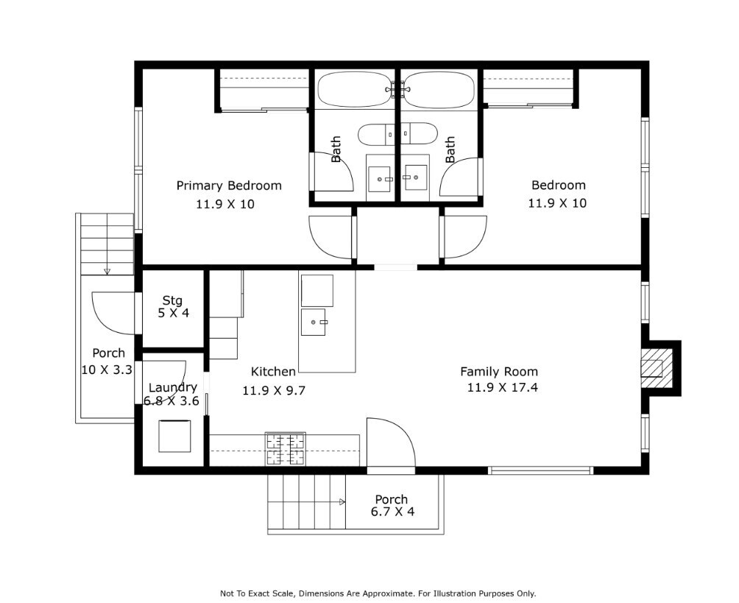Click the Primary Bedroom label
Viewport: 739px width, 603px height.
[229, 186]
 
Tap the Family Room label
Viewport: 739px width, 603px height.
[499, 372]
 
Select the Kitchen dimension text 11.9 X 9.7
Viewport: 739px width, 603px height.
[274, 390]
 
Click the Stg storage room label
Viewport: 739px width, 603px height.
[172, 300]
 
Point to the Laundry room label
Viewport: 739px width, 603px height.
[172, 387]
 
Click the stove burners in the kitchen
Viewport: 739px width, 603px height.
[285, 449]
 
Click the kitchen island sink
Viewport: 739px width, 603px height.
[314, 322]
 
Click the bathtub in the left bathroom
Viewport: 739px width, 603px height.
[356, 90]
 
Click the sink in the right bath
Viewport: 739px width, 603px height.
[416, 177]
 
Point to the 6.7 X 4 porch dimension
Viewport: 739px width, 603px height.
[392, 512]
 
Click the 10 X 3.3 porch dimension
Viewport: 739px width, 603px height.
[107, 370]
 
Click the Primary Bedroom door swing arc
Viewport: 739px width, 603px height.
[330, 237]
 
